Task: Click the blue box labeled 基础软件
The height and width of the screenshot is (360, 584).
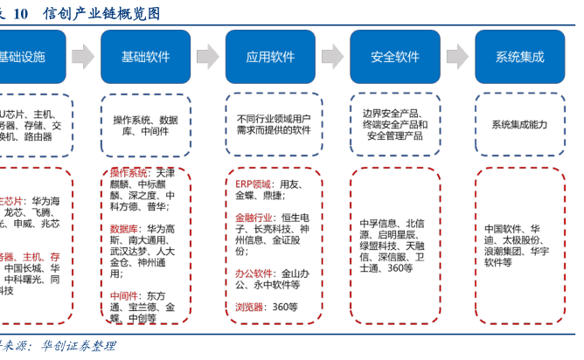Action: point(146,57)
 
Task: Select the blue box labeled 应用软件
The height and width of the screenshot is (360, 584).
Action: point(270,57)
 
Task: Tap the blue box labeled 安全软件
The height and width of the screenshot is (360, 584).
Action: point(395,57)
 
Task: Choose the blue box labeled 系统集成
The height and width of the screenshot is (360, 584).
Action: point(519,57)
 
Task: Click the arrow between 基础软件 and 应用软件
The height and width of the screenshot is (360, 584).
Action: point(208,57)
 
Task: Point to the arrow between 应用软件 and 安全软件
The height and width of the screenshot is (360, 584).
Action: point(332,57)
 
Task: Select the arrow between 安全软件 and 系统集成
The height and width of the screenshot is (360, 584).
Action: point(457,57)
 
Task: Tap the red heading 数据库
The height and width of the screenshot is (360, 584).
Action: point(124,229)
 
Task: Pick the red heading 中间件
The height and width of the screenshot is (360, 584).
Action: point(124,296)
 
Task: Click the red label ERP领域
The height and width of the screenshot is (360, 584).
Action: point(253,185)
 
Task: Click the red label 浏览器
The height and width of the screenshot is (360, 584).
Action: point(249,307)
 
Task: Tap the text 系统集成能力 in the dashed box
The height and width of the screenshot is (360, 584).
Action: point(519,125)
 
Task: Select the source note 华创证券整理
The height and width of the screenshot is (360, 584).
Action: point(78,346)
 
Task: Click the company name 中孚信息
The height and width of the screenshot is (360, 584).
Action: point(379,224)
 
